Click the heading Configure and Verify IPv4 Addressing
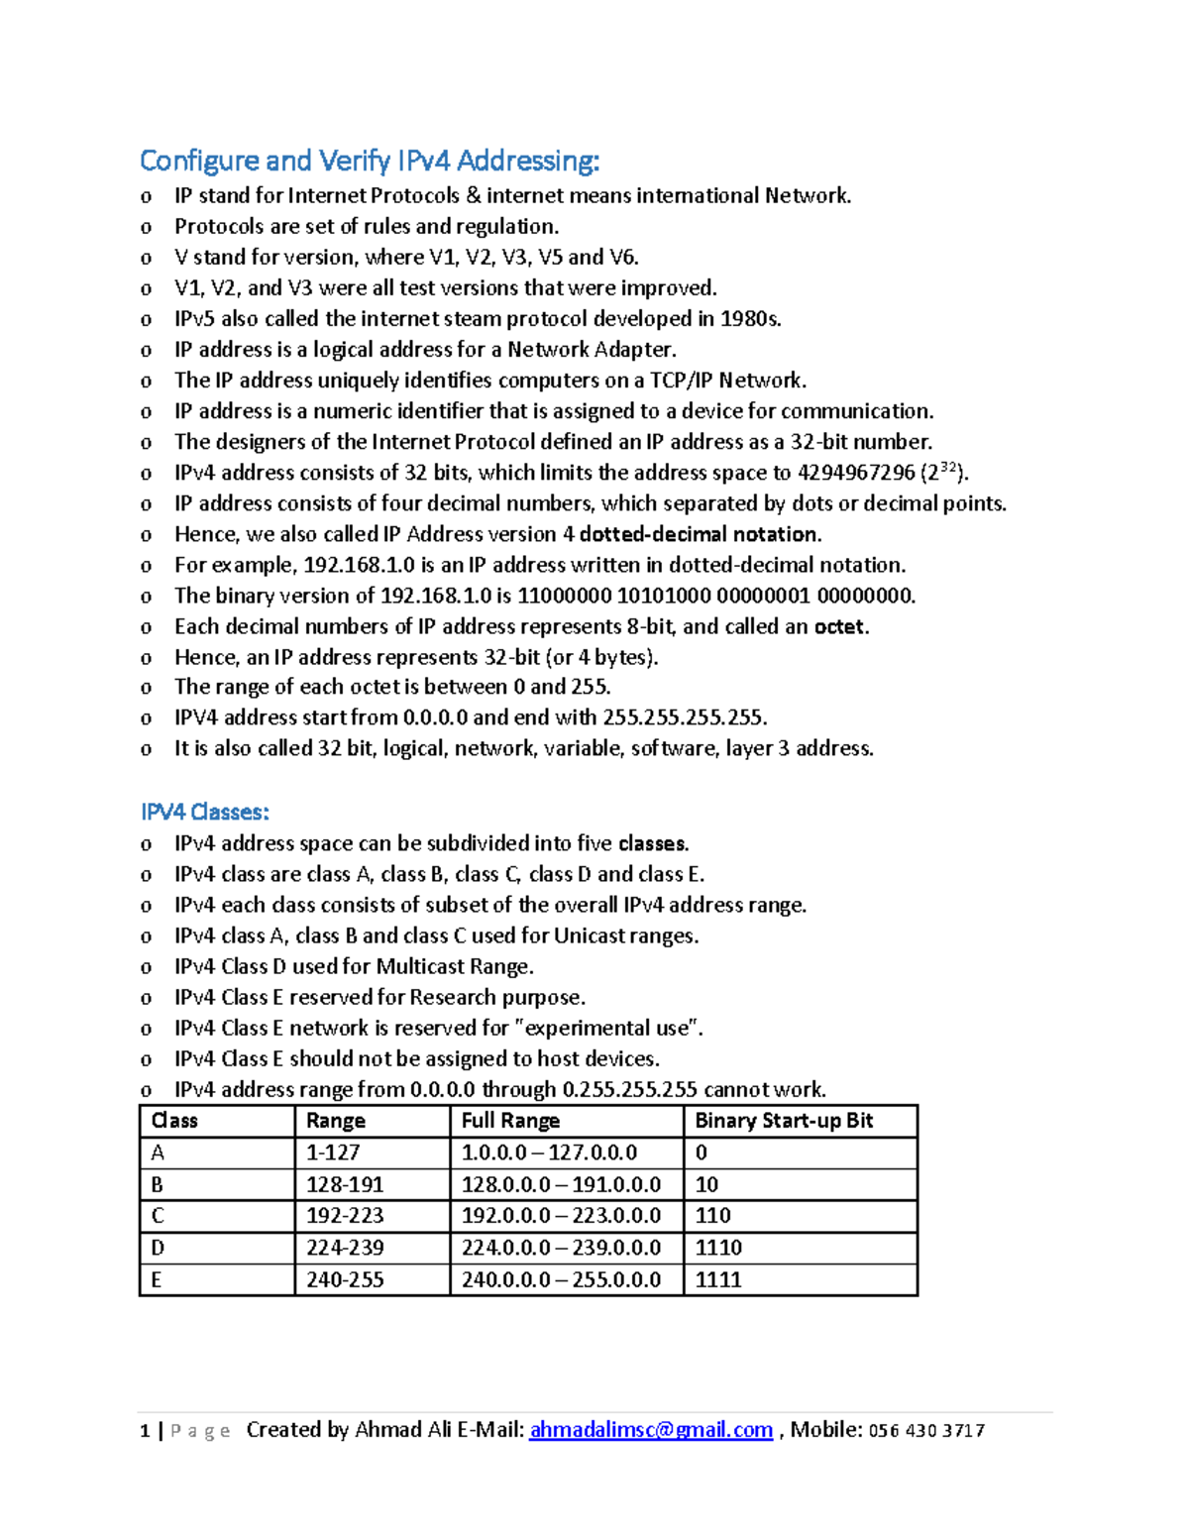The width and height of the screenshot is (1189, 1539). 369,161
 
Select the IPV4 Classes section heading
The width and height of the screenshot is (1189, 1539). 204,812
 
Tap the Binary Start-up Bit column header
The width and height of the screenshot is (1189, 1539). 784,1121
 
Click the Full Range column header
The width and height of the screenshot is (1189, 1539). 510,1121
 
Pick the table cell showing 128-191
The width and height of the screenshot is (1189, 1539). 345,1184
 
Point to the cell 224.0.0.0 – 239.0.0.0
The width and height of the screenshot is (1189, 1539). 561,1248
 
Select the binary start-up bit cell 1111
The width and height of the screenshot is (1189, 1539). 718,1279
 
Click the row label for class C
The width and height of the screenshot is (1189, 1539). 158,1216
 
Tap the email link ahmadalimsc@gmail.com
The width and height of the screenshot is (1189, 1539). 651,1430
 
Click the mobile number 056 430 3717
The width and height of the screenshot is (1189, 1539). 926,1430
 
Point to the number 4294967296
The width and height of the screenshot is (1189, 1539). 856,473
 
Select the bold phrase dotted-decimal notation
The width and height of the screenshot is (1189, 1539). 700,534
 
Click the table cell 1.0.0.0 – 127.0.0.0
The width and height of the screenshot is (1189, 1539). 549,1153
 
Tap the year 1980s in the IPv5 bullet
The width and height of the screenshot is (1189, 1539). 751,319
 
